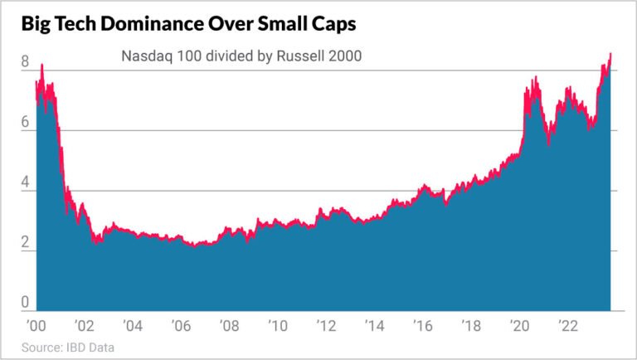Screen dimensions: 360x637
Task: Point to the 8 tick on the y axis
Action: click(x=25, y=61)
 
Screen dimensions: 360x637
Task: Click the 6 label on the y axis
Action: click(x=25, y=122)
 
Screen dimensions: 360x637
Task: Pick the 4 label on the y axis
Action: click(x=25, y=182)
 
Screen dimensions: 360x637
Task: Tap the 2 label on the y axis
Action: click(x=25, y=243)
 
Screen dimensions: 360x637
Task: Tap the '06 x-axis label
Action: click(x=180, y=324)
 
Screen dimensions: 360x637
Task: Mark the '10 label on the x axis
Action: click(x=276, y=324)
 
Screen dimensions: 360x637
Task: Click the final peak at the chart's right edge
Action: click(x=610, y=55)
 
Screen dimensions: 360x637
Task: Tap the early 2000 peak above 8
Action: click(x=41, y=65)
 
